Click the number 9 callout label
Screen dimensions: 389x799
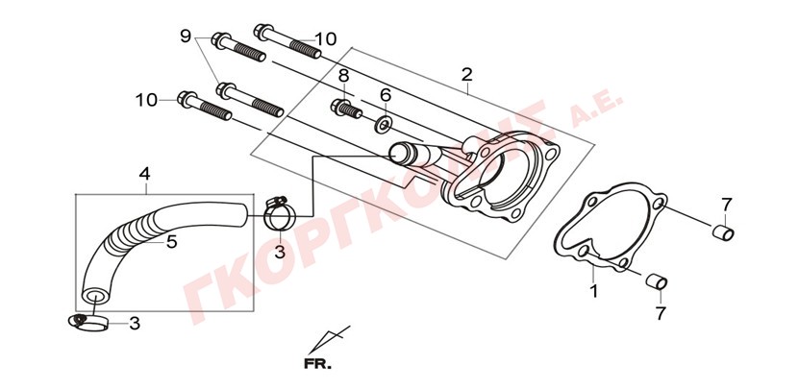click(x=186, y=36)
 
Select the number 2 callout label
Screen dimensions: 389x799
click(x=467, y=74)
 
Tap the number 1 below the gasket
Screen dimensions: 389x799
click(x=593, y=290)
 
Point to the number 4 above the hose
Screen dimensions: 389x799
click(x=144, y=174)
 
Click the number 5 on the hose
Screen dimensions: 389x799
click(x=172, y=242)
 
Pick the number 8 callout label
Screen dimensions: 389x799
click(x=343, y=76)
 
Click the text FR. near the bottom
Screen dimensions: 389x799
click(x=316, y=364)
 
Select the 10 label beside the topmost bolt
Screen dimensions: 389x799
click(x=325, y=39)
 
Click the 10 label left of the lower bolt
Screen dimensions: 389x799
click(x=146, y=99)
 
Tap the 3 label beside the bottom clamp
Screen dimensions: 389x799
click(x=134, y=324)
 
